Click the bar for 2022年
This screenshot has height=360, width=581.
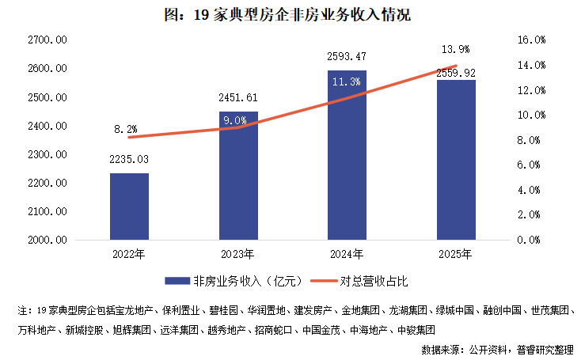(129, 207)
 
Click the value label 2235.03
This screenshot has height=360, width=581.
(129, 161)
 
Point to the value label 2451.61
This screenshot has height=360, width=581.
(238, 98)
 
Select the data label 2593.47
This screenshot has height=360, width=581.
(347, 57)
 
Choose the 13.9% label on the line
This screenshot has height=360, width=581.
(455, 48)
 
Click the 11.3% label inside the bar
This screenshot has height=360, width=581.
(347, 81)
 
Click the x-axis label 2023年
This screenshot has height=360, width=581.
(238, 255)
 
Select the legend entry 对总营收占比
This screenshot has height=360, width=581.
(363, 280)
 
